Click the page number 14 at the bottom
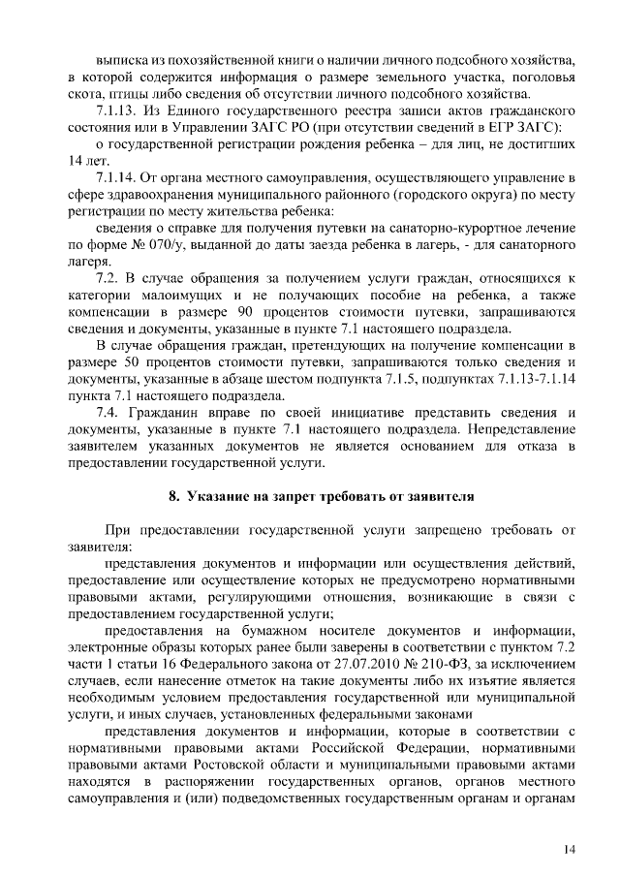tap(569, 849)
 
